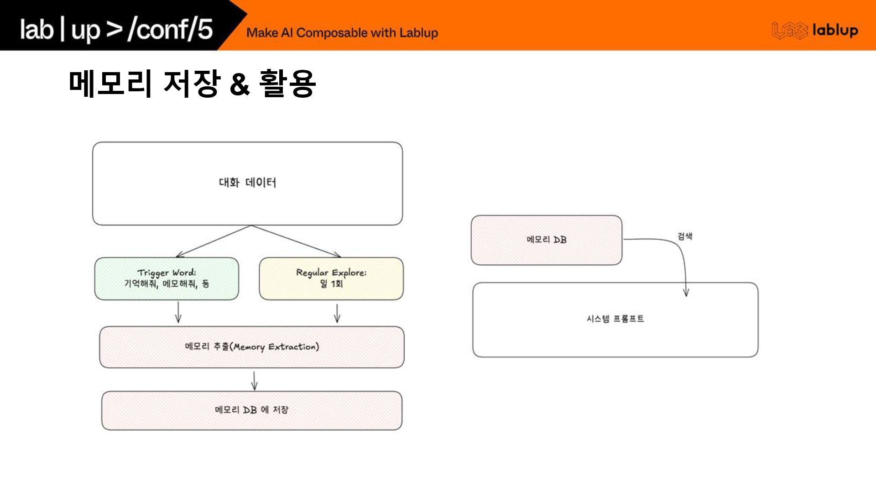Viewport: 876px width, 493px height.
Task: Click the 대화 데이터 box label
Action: click(x=247, y=183)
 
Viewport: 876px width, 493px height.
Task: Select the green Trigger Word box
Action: click(x=167, y=278)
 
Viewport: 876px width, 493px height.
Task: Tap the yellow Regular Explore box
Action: click(x=331, y=278)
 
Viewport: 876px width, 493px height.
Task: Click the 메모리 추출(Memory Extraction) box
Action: click(x=252, y=347)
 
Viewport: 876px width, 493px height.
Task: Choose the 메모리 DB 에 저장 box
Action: click(x=252, y=410)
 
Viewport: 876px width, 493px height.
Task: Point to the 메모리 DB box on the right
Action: click(x=547, y=240)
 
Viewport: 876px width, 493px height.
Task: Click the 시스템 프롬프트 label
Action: click(x=615, y=319)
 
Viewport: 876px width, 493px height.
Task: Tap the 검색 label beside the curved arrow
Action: click(x=685, y=236)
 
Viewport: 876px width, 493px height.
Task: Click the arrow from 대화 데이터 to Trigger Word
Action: click(x=213, y=241)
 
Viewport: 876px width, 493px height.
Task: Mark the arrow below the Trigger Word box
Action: click(x=178, y=313)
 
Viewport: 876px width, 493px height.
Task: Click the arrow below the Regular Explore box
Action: click(x=337, y=313)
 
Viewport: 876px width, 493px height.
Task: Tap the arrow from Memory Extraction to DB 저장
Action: click(x=255, y=381)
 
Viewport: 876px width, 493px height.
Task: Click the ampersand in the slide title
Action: click(x=240, y=84)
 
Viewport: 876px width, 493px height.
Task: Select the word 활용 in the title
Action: click(x=287, y=83)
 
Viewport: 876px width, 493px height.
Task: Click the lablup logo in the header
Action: click(x=815, y=31)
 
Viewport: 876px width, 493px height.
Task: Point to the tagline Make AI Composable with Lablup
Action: click(x=342, y=33)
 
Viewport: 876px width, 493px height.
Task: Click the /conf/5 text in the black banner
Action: click(x=170, y=30)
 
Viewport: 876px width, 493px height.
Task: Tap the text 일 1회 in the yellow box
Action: click(x=331, y=284)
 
